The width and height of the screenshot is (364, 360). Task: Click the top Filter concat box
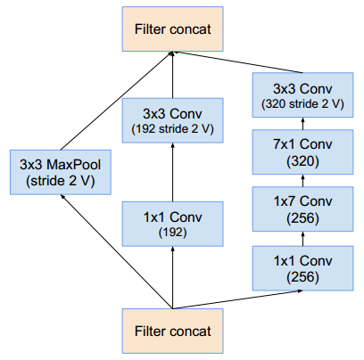coord(172,29)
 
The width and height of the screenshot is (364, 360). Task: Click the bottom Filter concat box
coord(172,331)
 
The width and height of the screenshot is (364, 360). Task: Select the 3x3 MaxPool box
coord(61,172)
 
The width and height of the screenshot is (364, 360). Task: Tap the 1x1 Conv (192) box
coord(172,224)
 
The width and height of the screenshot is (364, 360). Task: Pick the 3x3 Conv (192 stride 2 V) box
coord(172,120)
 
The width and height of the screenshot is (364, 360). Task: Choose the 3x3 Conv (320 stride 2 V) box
coord(302,95)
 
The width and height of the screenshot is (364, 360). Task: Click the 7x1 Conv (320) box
coord(302,152)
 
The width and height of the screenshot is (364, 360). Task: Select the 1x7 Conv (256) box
coord(302,209)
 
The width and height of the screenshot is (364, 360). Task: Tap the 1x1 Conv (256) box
coord(302,268)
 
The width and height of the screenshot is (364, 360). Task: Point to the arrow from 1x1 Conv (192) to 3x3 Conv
coord(172,172)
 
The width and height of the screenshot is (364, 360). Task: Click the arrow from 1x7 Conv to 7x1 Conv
coord(302,181)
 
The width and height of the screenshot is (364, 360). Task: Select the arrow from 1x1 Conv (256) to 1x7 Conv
coord(302,239)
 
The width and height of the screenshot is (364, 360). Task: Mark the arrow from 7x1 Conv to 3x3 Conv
coord(302,124)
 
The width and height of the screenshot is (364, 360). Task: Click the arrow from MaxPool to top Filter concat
coord(117,101)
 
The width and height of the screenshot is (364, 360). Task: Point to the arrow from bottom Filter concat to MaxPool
coord(117,251)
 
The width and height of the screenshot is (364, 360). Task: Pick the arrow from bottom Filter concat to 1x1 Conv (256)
coord(237,299)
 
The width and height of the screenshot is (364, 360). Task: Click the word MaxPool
coord(73,165)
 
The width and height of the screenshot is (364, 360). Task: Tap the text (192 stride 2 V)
coord(172,129)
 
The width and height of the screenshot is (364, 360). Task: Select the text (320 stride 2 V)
coord(302,104)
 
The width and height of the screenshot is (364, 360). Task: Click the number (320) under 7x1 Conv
coord(302,161)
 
